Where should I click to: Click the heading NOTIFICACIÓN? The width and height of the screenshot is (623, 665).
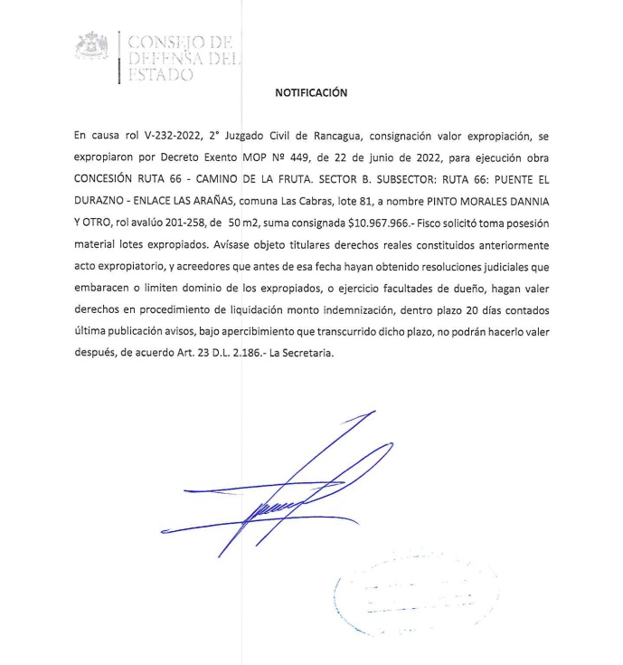(310, 91)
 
